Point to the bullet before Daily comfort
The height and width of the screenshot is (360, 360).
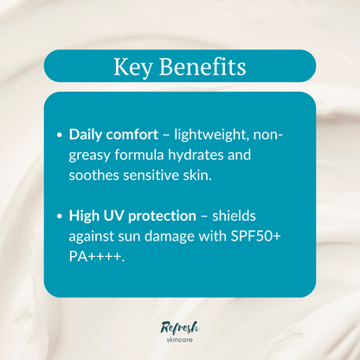click(x=60, y=136)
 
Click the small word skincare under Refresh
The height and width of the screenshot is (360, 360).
click(x=181, y=340)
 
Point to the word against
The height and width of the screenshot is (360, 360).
click(x=94, y=235)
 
